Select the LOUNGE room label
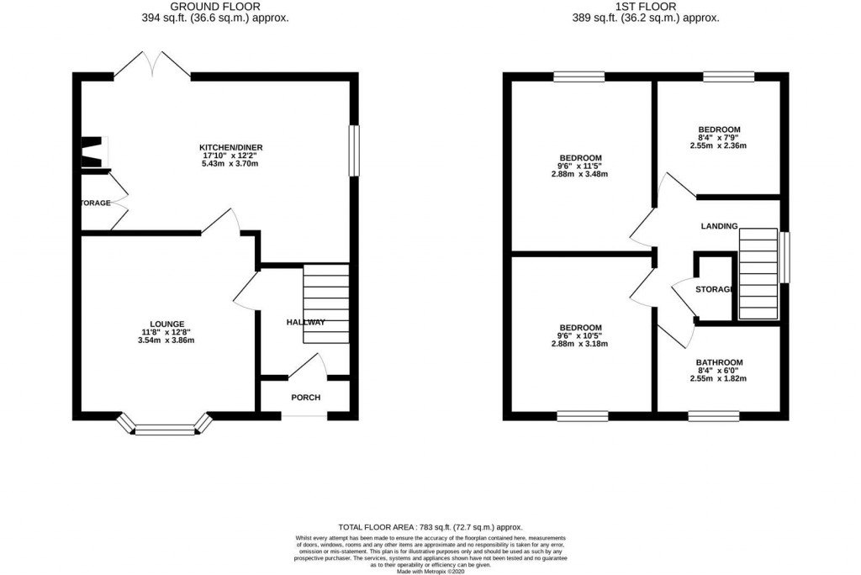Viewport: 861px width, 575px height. click(166, 324)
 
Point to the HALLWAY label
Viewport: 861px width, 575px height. click(305, 322)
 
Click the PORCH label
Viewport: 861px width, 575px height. click(305, 398)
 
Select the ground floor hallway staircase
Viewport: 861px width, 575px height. click(325, 303)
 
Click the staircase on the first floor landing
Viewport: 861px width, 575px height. click(758, 274)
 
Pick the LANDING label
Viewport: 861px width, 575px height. click(719, 226)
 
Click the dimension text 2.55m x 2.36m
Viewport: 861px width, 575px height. click(718, 145)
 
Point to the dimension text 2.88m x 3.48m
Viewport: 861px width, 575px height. click(579, 175)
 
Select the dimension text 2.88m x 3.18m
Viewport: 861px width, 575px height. click(579, 344)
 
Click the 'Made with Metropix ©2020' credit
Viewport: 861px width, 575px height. click(430, 571)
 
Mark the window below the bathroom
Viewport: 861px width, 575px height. click(714, 414)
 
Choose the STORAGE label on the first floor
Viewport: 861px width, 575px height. click(715, 290)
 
